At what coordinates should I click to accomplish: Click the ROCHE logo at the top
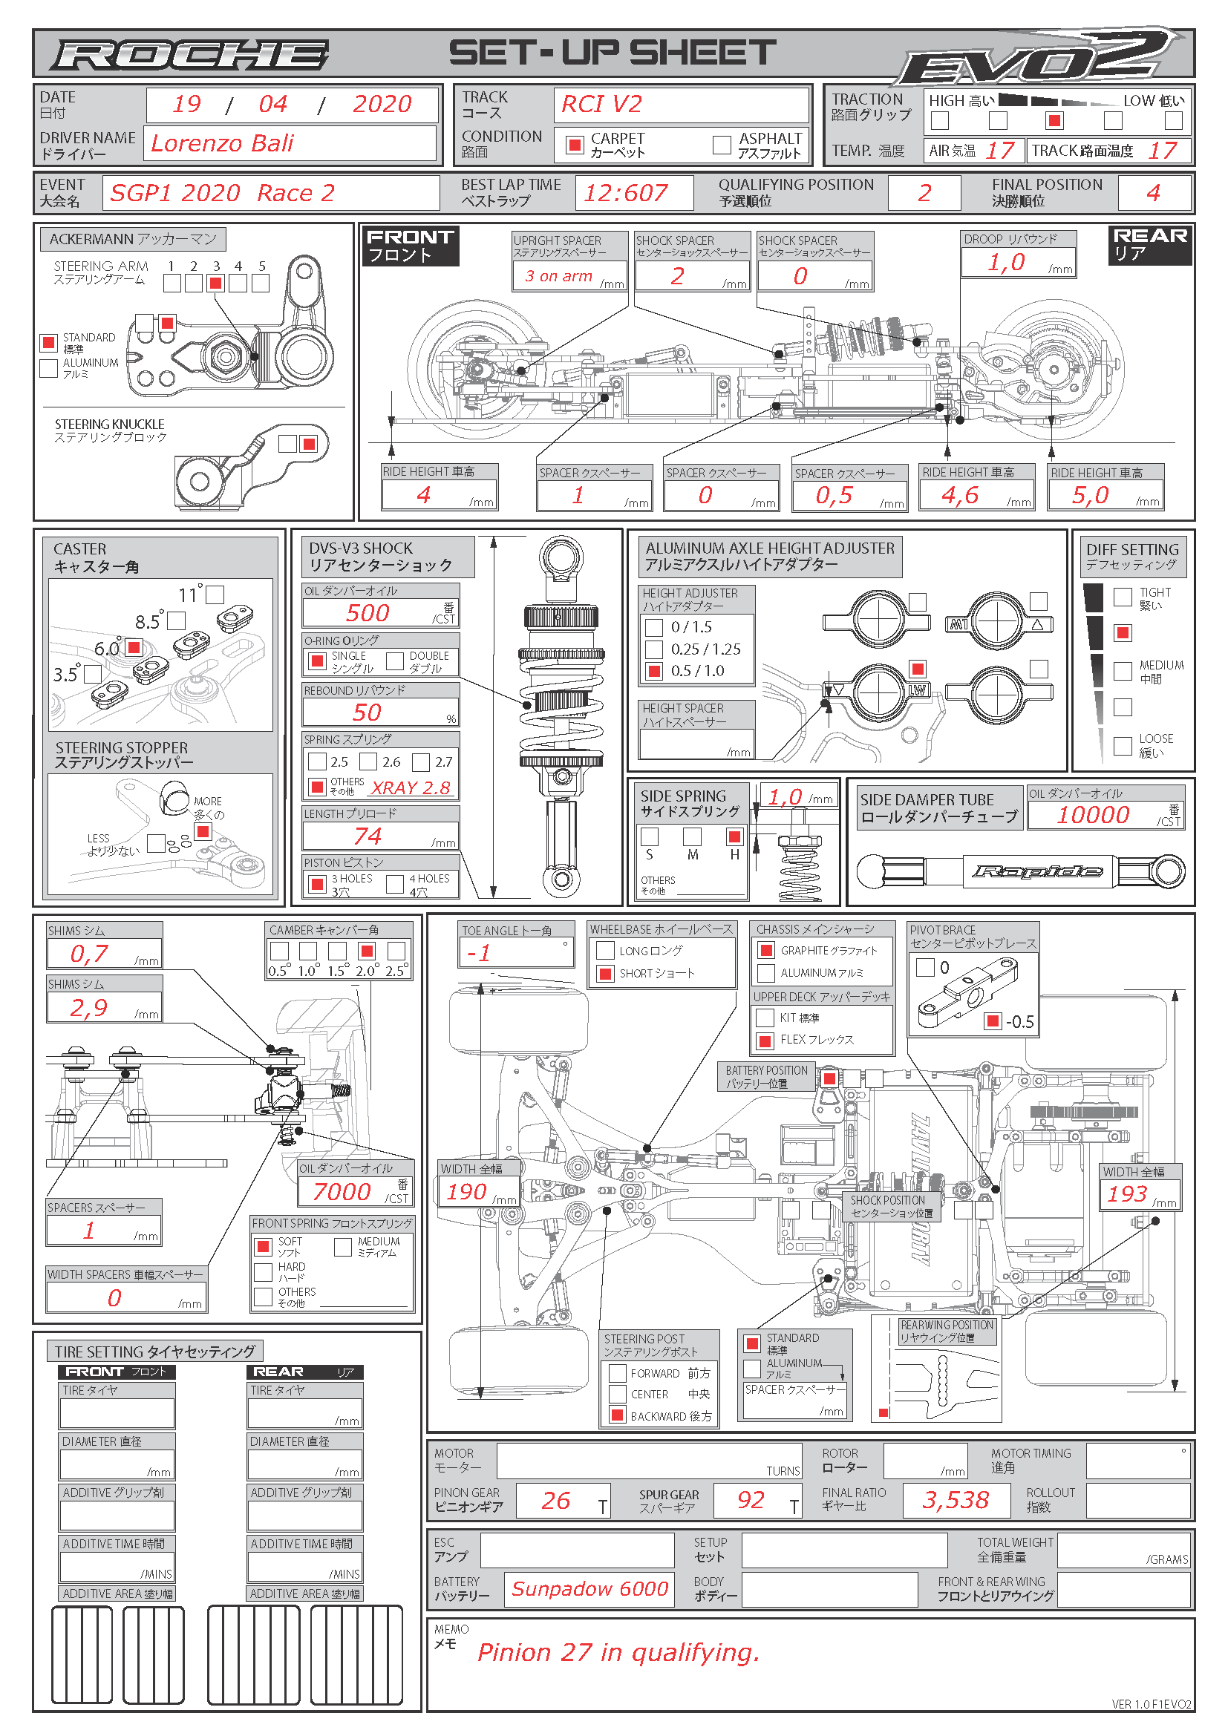click(190, 55)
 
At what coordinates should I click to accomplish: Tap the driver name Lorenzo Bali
click(222, 144)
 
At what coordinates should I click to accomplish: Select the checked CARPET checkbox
click(575, 145)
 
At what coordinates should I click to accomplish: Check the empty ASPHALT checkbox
click(722, 145)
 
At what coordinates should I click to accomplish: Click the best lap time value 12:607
click(625, 194)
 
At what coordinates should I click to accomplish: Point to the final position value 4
click(1153, 193)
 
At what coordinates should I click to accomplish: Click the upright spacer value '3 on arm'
click(559, 277)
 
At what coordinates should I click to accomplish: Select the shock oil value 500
click(368, 613)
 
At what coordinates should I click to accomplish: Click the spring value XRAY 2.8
click(411, 788)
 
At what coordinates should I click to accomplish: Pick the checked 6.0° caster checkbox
click(134, 647)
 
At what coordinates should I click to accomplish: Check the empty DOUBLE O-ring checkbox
click(395, 661)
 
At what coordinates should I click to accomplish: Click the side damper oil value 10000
click(1093, 815)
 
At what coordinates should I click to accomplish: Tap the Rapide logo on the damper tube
click(1036, 872)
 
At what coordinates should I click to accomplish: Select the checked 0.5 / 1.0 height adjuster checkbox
click(653, 671)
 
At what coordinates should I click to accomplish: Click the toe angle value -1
click(479, 954)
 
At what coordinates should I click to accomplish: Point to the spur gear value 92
click(751, 1500)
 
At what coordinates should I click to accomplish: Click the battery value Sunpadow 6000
click(589, 1589)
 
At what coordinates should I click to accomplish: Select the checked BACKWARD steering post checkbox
click(618, 1415)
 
